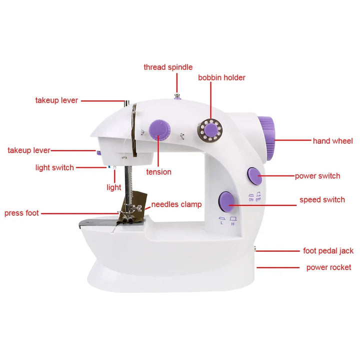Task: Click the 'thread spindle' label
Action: pos(168,67)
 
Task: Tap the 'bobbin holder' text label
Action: pos(221,77)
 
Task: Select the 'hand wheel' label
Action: pos(332,141)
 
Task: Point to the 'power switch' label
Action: pos(317,176)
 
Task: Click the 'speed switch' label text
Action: pos(322,199)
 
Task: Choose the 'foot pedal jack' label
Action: pos(328,250)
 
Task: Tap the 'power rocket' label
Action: pos(329,267)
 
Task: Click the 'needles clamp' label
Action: pos(176,204)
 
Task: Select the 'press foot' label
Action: pos(21,213)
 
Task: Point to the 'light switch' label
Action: pos(54,167)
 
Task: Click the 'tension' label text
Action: pos(158,172)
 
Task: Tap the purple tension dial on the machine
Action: pos(159,129)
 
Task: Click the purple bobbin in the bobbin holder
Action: pos(211,130)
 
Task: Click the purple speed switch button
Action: pos(226,202)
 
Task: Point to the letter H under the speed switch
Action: pos(233,224)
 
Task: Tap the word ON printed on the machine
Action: pos(251,199)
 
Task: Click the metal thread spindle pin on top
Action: pos(177,96)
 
